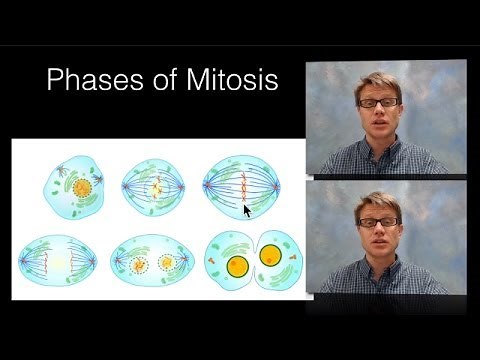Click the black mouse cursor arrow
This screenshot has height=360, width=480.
pyautogui.click(x=247, y=211)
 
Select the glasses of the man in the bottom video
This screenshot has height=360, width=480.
pyautogui.click(x=381, y=221)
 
